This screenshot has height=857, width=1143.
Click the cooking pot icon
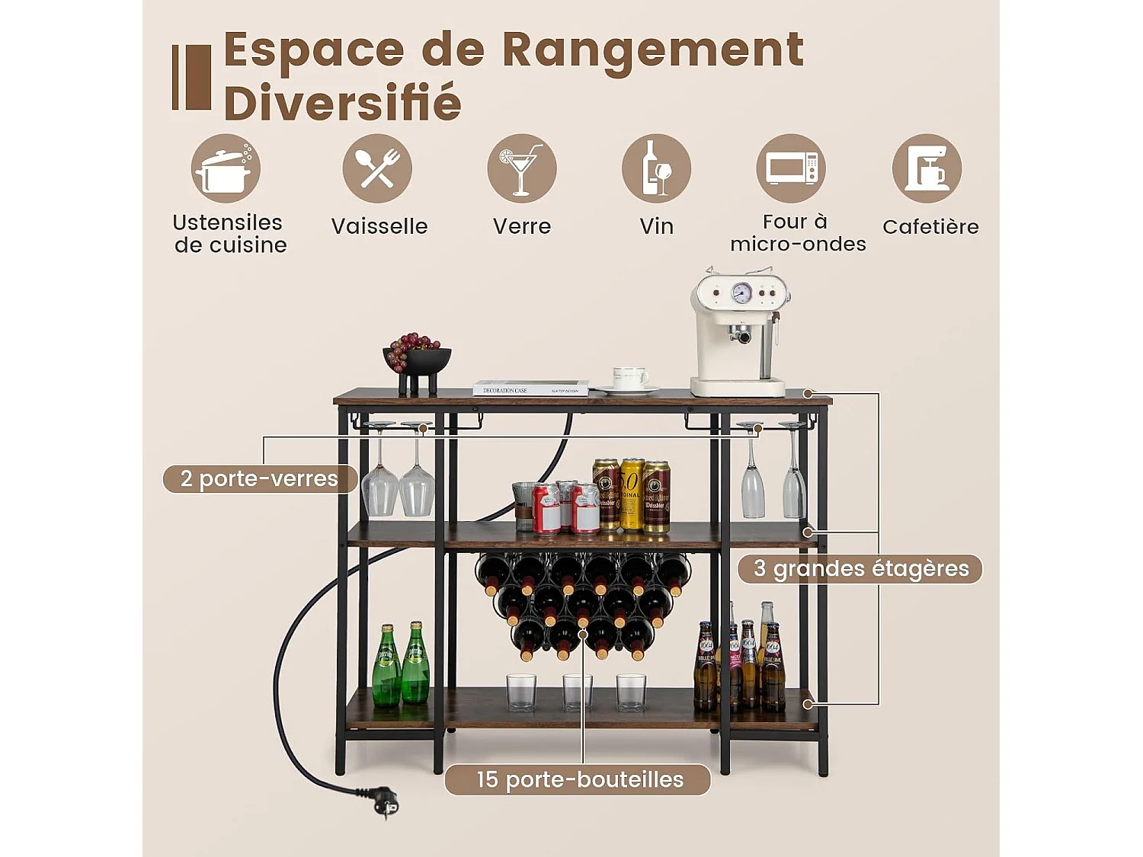(x=226, y=168)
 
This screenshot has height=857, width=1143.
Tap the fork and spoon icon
(x=377, y=168)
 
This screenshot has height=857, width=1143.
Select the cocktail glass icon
(x=522, y=168)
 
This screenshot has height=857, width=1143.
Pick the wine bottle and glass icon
(x=656, y=168)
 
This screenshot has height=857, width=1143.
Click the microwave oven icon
(x=791, y=168)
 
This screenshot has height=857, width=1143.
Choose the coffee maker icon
(x=927, y=168)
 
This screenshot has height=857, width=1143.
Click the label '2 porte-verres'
(x=260, y=478)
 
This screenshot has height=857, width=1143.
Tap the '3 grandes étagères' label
(x=860, y=568)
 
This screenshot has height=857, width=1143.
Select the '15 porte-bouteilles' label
(x=578, y=779)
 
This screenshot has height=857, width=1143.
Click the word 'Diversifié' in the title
(x=343, y=103)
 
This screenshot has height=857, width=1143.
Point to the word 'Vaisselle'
(x=379, y=226)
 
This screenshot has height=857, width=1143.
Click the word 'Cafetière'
(x=930, y=226)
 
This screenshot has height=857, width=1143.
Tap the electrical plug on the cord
(x=386, y=801)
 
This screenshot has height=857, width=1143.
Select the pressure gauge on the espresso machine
(x=741, y=293)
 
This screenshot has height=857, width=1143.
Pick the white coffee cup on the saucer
(x=629, y=377)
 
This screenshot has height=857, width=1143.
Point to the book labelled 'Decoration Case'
(x=530, y=389)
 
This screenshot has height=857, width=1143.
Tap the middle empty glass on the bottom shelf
(x=577, y=692)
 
